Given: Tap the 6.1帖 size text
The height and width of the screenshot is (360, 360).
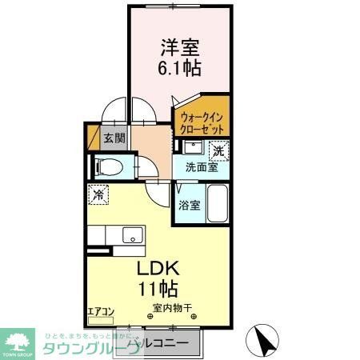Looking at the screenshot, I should tap(180, 68).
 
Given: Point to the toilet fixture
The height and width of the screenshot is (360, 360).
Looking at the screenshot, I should tap(110, 167).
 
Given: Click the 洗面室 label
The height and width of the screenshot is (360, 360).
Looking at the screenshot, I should tap(202, 168).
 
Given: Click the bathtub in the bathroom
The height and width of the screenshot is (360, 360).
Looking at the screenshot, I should tap(218, 206).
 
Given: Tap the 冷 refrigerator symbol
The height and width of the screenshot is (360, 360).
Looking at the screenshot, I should tap(98, 194).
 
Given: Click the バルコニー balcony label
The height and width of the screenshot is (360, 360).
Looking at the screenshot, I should tap(163, 342).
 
